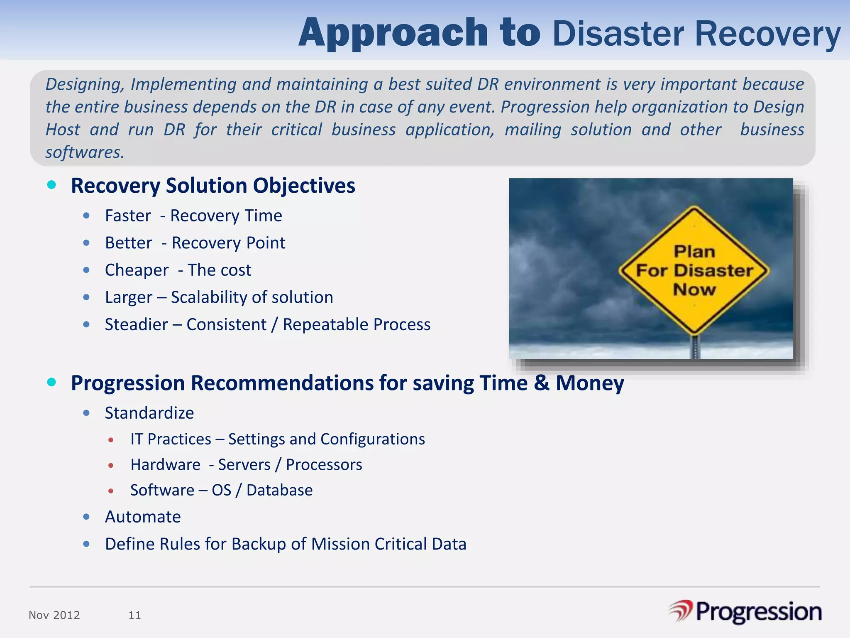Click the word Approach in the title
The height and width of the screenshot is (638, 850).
393,33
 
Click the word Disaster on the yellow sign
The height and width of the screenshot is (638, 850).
714,271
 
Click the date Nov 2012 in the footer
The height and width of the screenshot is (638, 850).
54,615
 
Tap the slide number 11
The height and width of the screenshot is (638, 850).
135,615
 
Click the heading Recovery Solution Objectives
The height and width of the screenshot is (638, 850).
213,185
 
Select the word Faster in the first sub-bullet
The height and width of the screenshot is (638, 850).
128,216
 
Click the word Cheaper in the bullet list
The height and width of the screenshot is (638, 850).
137,270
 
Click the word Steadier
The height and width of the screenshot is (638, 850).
136,324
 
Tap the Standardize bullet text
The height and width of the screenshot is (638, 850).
149,413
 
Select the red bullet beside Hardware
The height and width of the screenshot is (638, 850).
111,466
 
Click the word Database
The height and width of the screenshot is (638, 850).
279,490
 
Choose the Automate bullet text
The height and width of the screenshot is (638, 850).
143,517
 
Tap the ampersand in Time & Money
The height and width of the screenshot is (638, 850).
541,383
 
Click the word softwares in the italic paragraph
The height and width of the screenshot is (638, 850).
84,152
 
